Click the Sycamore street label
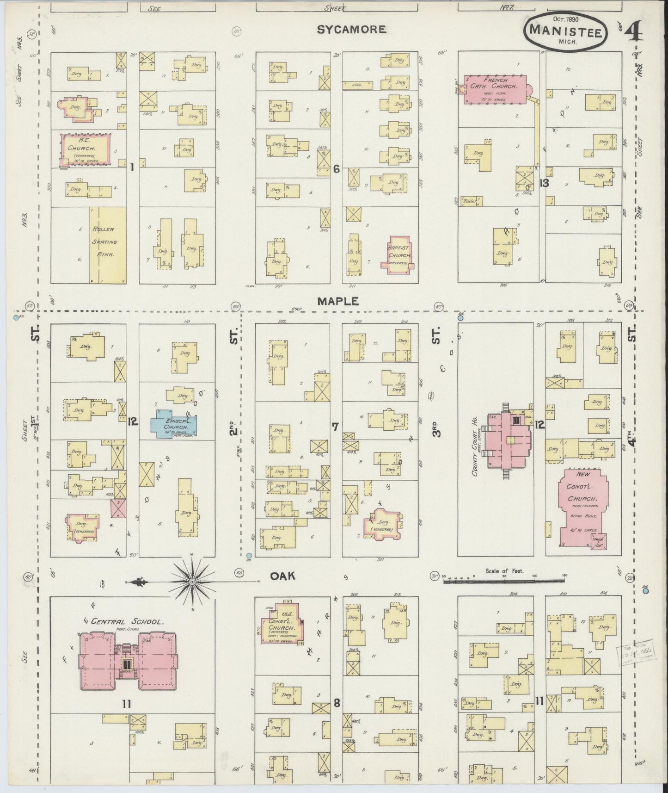tap(351, 30)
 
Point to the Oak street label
tap(283, 576)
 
